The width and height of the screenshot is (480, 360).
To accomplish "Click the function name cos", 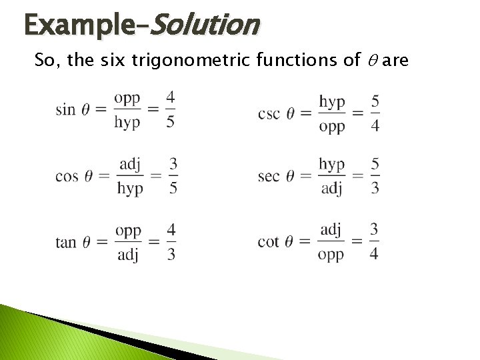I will [x=67, y=176].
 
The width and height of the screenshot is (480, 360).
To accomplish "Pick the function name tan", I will [x=66, y=242].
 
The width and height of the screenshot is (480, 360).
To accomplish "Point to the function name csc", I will [x=269, y=113].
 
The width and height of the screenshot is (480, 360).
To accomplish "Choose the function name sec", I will [x=268, y=176].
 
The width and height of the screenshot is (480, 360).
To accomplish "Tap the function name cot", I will [x=268, y=241].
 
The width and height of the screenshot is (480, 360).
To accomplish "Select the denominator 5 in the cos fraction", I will [x=173, y=189].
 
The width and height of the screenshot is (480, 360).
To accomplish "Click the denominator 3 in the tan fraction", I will [x=171, y=255].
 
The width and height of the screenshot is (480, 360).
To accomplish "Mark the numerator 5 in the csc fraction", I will [x=375, y=101].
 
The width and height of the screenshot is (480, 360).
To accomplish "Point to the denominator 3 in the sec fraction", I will [x=375, y=189].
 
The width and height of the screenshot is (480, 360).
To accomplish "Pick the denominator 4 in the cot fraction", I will [x=375, y=254].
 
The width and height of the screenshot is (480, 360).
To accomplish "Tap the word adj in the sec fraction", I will [x=331, y=189].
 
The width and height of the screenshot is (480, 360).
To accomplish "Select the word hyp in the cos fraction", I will [x=130, y=189].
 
